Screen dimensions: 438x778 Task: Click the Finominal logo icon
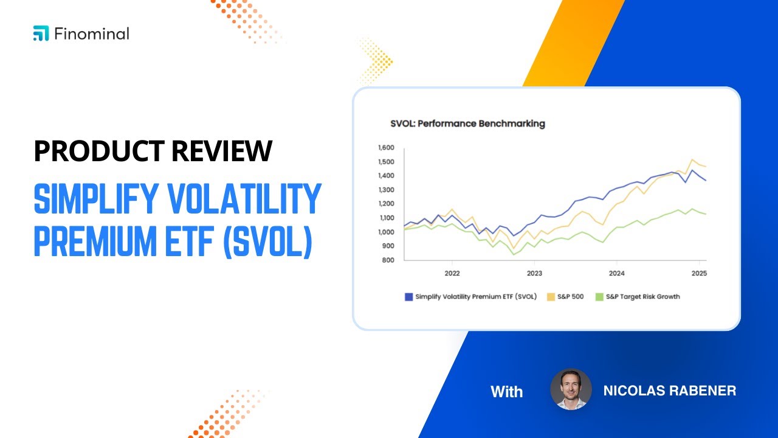(41, 34)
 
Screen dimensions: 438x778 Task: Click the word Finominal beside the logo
(91, 34)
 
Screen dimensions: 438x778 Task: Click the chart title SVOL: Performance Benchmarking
(467, 123)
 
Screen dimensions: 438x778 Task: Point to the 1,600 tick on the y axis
(386, 148)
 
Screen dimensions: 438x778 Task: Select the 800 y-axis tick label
(389, 260)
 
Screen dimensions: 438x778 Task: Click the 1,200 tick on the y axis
(386, 204)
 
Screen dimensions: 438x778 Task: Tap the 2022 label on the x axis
(452, 274)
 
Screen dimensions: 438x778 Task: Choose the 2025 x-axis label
(698, 274)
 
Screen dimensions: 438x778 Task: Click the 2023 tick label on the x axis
(534, 274)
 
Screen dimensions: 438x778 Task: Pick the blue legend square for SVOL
(408, 297)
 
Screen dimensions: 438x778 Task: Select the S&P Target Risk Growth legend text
(642, 297)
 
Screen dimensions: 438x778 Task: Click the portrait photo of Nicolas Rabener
(571, 389)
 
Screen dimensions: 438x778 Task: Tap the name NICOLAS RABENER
(669, 391)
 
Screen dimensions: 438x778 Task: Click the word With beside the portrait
(506, 391)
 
